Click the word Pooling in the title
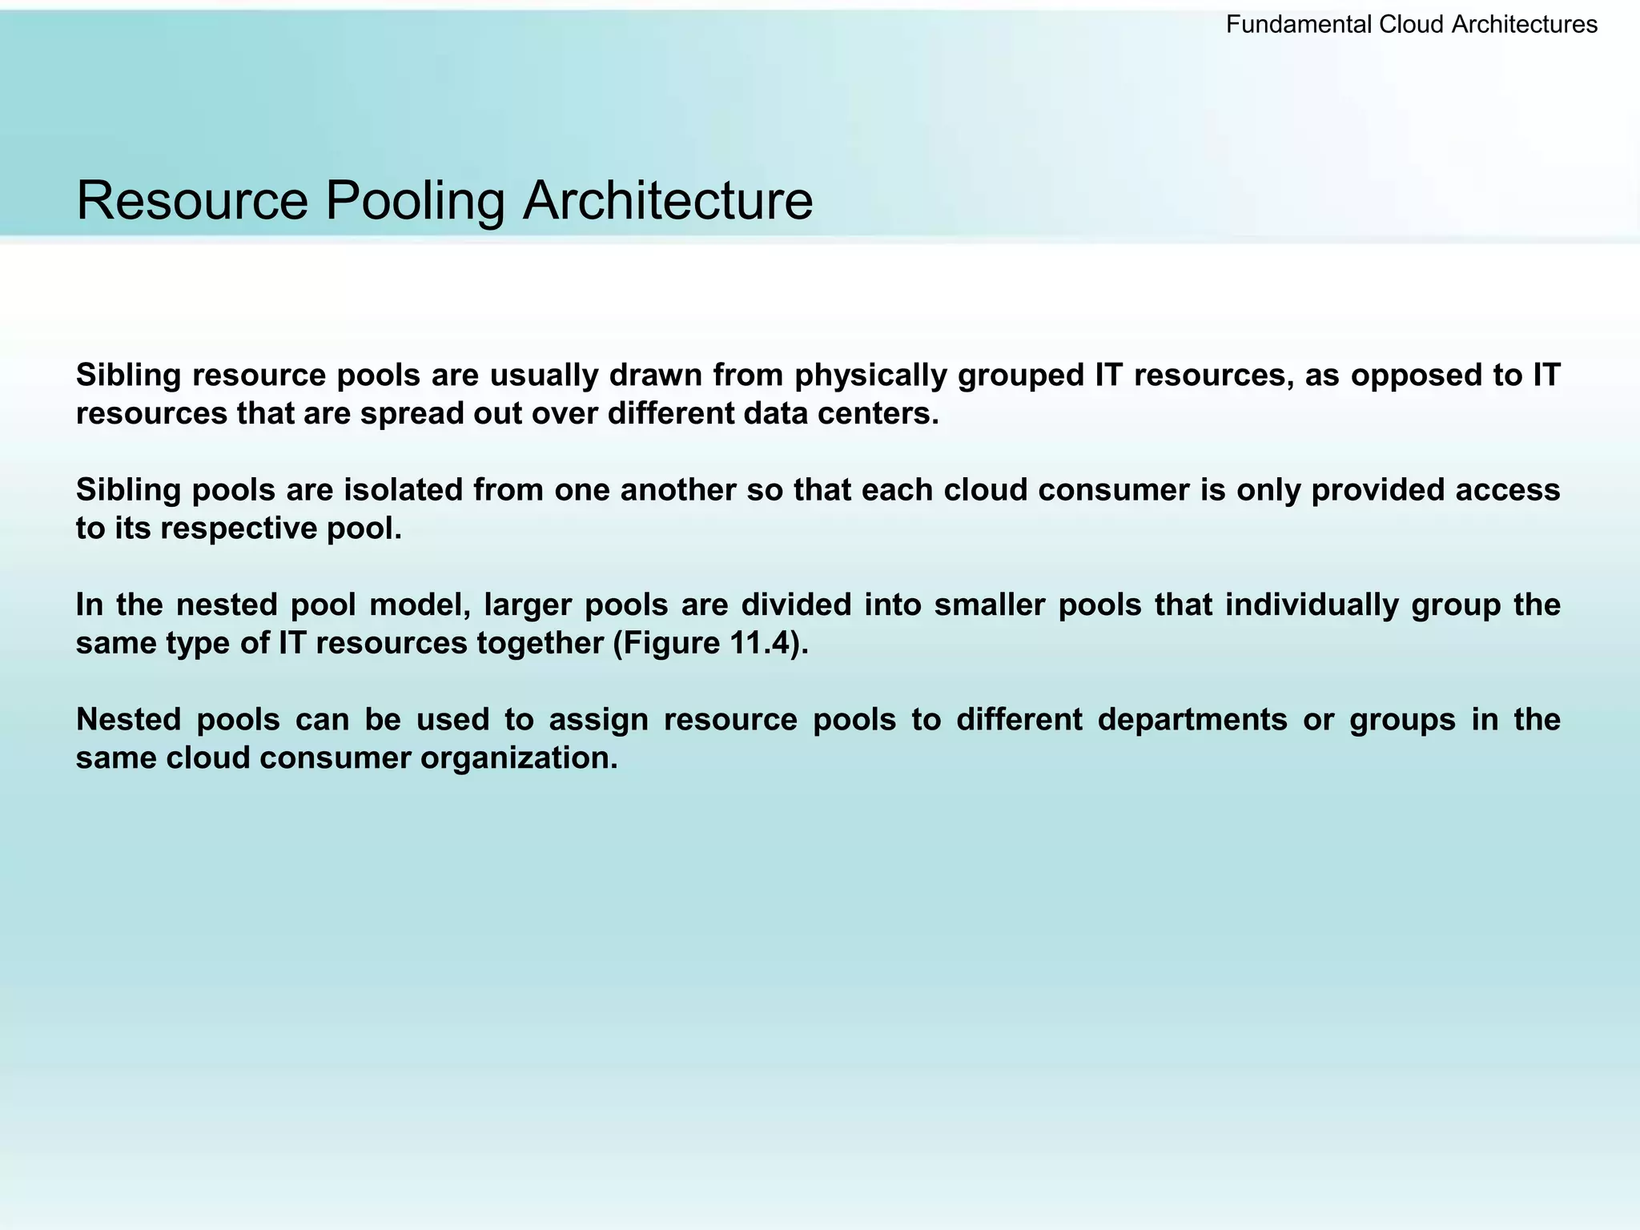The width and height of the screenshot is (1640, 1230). coord(414,202)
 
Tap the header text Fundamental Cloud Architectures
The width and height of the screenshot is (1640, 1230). coord(1411,25)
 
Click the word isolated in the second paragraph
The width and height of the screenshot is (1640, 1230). coord(403,490)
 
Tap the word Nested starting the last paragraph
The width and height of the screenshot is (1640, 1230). coord(129,720)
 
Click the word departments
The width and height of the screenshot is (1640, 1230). coord(1192,720)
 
